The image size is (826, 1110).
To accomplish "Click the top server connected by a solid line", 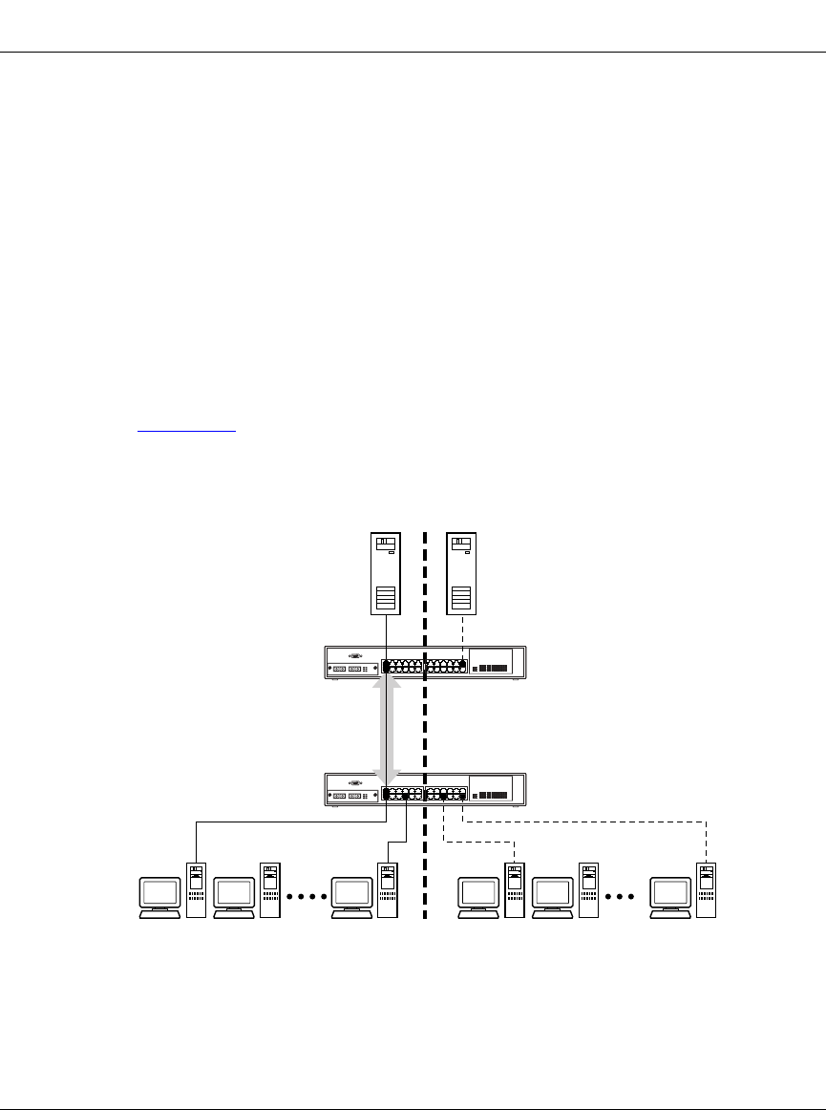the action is (x=385, y=573).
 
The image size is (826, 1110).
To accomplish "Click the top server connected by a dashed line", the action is (x=462, y=573).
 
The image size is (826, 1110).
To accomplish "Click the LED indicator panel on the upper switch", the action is (x=493, y=667).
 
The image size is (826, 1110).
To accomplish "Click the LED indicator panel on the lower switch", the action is (x=493, y=794).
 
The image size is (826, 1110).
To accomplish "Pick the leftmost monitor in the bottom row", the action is (x=159, y=896).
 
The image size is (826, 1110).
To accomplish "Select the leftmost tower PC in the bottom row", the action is (x=196, y=890).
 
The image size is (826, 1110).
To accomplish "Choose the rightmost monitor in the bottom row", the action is (x=669, y=896).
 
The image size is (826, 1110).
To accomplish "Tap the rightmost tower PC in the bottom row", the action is (x=706, y=890).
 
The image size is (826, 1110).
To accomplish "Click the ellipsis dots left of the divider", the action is (x=306, y=897).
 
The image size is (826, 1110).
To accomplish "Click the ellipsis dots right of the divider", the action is (x=625, y=897).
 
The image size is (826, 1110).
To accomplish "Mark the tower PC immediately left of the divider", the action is (x=387, y=890).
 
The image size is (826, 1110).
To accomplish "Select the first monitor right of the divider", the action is (x=478, y=896).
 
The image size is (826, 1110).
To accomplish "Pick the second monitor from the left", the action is (x=234, y=896).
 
